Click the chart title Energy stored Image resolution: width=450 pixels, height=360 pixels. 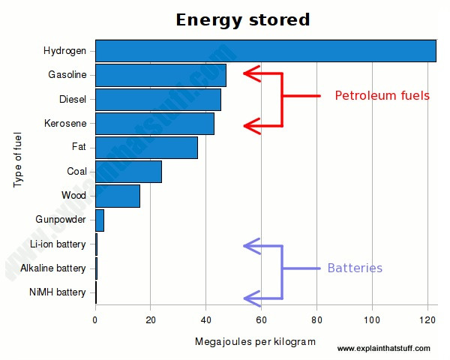click(242, 19)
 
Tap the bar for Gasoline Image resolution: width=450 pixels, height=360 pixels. click(160, 75)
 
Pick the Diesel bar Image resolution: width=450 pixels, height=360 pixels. click(157, 99)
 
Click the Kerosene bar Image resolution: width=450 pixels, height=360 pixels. click(154, 124)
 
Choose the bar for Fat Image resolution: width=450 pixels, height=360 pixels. click(146, 148)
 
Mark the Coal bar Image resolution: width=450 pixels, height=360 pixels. click(128, 172)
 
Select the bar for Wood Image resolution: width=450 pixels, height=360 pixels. click(117, 196)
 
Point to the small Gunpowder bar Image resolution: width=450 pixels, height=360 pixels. click(100, 220)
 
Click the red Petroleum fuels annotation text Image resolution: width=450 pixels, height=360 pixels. click(382, 96)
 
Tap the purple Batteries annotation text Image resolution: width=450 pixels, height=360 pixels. click(355, 268)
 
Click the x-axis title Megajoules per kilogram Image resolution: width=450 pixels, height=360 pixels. click(255, 342)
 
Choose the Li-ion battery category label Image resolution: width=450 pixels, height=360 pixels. click(58, 244)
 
